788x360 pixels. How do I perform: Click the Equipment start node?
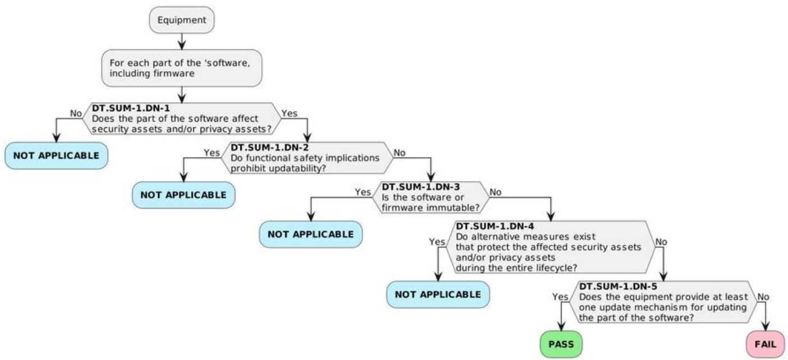182,20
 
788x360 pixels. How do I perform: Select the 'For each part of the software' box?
182,68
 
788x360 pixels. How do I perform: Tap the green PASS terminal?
561,344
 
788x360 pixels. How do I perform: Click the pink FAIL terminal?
766,344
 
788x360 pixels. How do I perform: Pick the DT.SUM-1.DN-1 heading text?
131,108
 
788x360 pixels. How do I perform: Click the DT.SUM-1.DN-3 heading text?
421,187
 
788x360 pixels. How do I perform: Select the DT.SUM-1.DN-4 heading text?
495,227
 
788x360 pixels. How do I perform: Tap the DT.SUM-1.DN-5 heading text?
618,287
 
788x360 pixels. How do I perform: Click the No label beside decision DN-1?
76,113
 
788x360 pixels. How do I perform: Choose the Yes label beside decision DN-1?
289,113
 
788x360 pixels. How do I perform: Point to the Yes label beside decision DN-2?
212,153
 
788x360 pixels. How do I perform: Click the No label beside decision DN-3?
495,192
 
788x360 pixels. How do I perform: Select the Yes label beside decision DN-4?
437,242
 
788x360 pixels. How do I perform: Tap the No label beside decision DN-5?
763,297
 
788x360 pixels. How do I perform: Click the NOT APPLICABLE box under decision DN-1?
56,155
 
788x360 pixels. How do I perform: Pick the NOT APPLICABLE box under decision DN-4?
438,294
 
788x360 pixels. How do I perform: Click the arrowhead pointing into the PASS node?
561,326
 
